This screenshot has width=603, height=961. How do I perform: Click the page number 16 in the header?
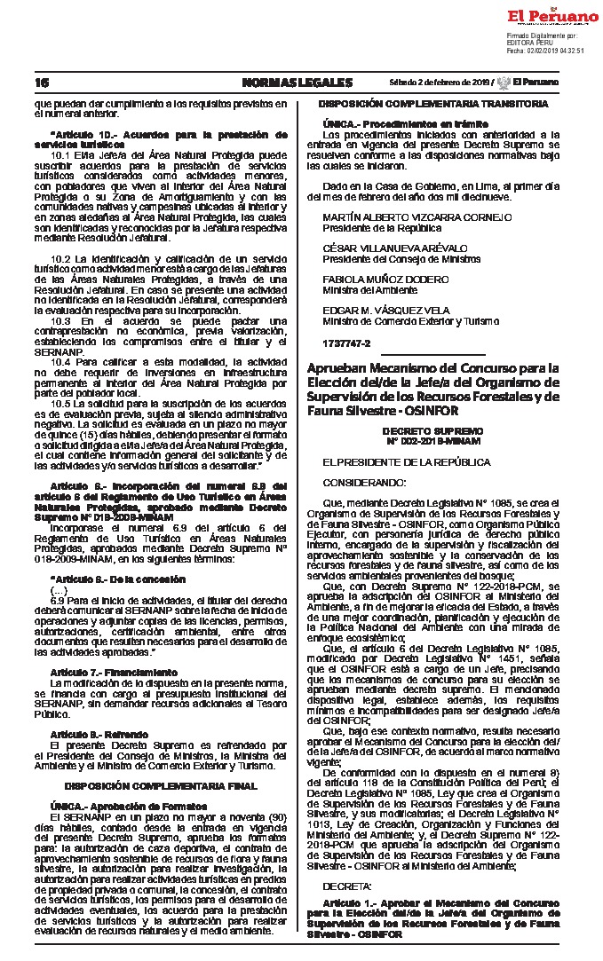point(41,83)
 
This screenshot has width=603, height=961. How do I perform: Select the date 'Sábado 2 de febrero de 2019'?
point(440,83)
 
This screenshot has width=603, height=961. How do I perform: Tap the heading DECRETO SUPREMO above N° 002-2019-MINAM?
point(432,429)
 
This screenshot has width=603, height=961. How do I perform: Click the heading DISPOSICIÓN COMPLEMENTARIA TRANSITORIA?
point(432,105)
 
